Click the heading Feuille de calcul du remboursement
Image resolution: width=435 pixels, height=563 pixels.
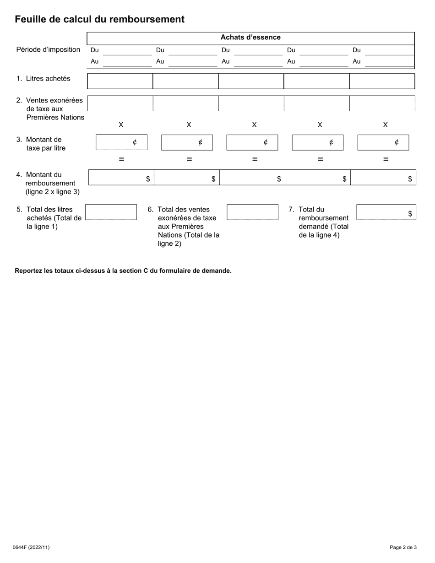(99, 19)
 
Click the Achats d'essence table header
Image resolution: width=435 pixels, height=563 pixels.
(250, 38)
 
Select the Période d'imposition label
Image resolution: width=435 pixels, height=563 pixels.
(48, 49)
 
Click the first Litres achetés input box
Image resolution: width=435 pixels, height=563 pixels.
(120, 81)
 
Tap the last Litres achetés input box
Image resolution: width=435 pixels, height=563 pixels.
(382, 81)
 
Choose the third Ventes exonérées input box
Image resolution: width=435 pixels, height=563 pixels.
(251, 103)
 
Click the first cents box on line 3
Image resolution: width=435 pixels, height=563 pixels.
(121, 142)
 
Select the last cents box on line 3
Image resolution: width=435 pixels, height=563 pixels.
(383, 142)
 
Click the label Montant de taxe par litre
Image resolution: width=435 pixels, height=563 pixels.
(46, 144)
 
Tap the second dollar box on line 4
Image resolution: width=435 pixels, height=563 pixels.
(187, 178)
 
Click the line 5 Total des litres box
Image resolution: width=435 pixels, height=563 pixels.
(111, 212)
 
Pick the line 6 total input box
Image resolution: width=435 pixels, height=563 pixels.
(252, 212)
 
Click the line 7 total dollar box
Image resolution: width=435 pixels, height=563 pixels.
(386, 212)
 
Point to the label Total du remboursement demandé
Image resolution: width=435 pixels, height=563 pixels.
(323, 222)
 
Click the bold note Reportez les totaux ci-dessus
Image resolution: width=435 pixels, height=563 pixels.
(123, 271)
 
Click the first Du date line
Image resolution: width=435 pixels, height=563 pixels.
(126, 51)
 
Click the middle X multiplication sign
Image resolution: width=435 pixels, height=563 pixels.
(254, 125)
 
